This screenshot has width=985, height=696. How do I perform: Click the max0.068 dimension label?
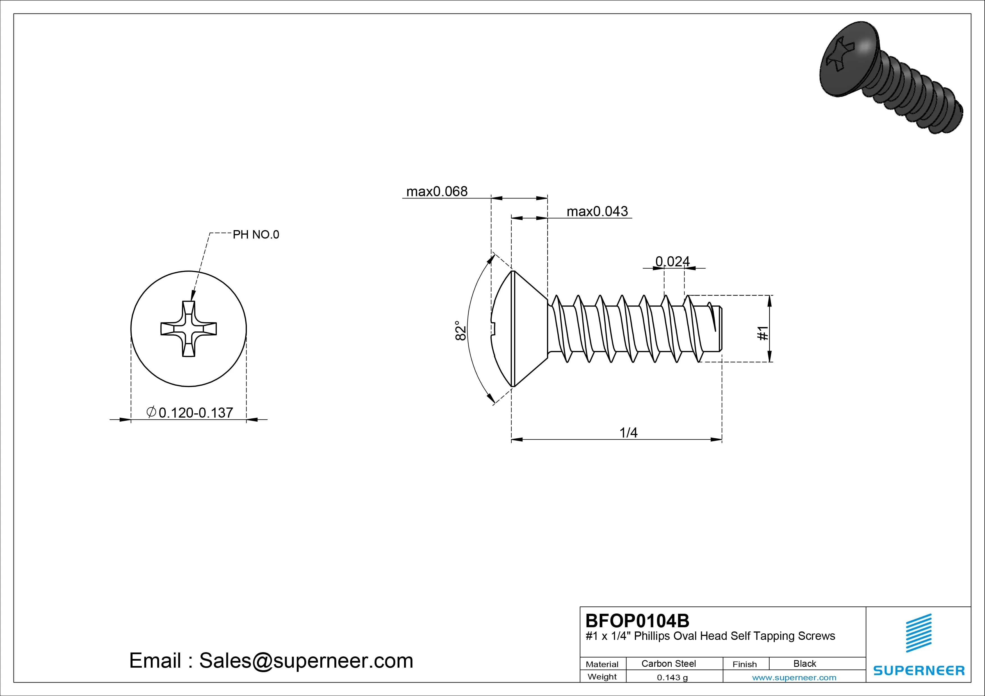436,191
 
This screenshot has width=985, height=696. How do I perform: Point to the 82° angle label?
460,331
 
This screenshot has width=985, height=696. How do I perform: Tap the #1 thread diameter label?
763,333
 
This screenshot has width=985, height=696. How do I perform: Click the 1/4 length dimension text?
628,433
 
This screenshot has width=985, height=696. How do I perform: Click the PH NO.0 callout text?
256,235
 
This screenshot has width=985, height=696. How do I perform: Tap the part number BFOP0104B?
637,621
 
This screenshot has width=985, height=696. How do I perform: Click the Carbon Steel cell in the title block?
668,663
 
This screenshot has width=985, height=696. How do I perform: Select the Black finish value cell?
804,663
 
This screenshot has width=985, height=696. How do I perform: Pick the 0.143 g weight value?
672,677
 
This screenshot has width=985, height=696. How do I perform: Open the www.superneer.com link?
794,677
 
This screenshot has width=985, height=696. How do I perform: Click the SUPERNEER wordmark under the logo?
918,670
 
